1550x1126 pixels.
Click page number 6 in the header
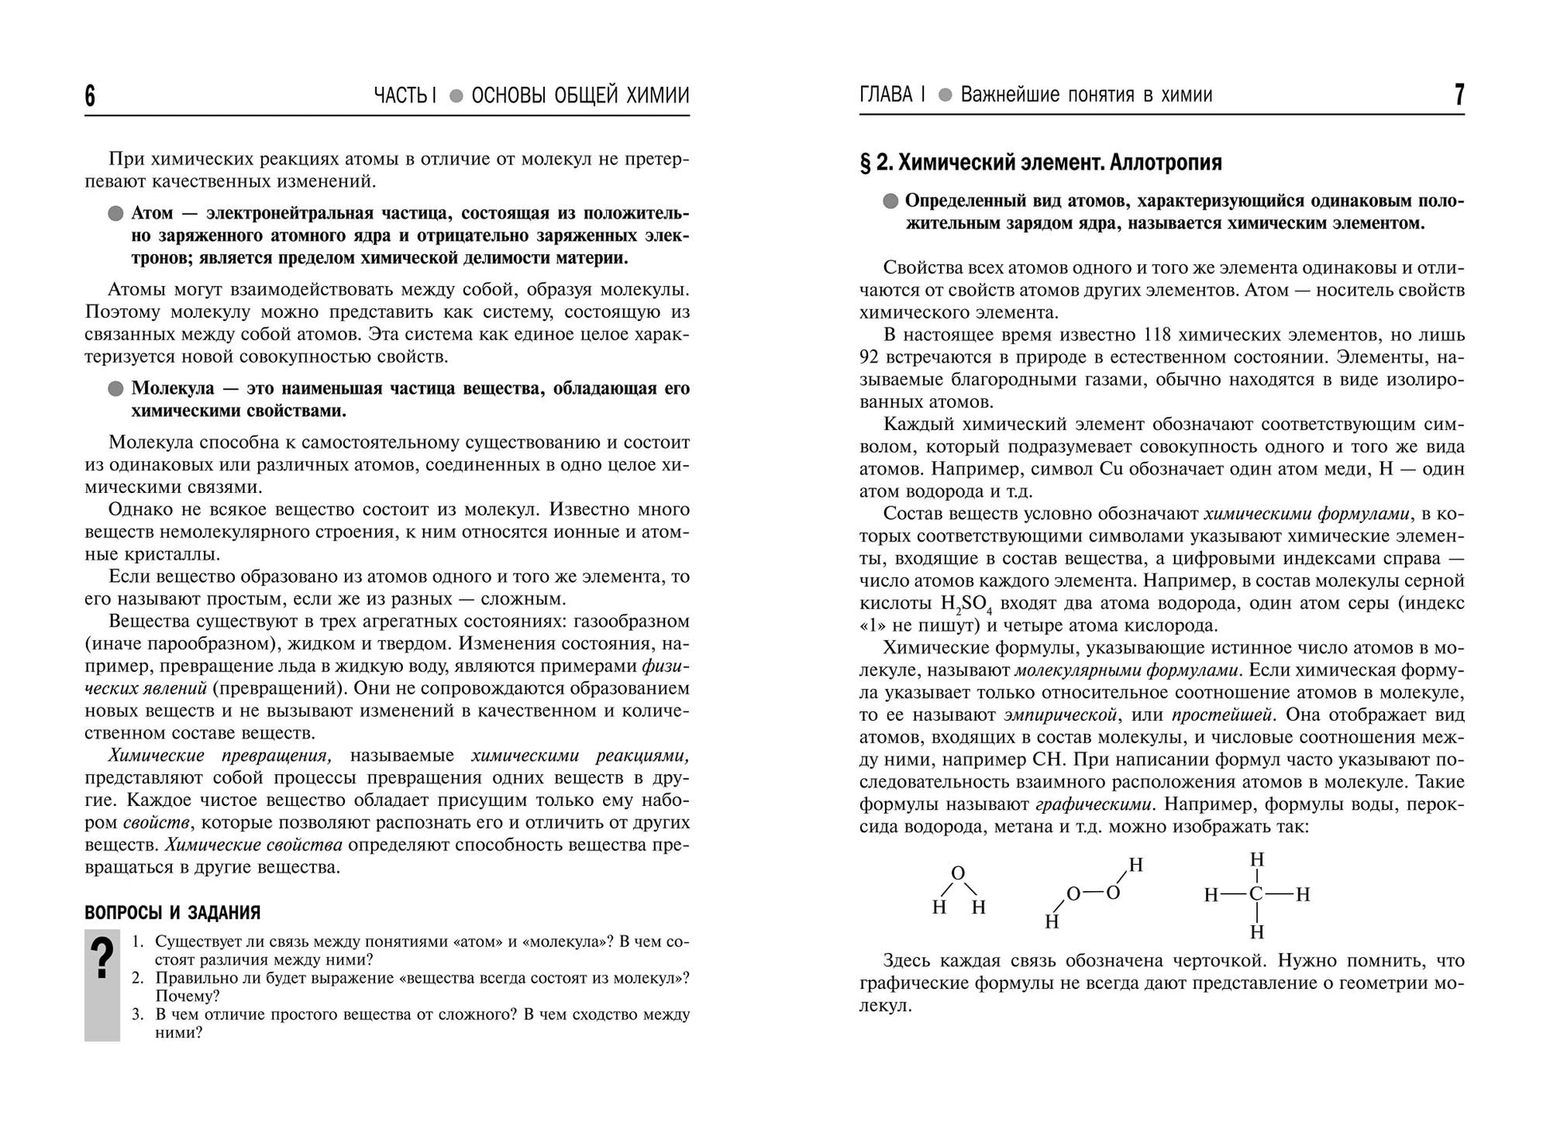point(90,96)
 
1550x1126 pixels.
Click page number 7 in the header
point(1458,96)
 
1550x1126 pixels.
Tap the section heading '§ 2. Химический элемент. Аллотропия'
point(1040,162)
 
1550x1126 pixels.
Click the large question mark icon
point(102,960)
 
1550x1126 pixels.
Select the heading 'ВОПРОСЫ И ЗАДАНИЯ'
point(173,913)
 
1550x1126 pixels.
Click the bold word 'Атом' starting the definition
point(151,213)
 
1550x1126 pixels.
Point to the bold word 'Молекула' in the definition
point(173,389)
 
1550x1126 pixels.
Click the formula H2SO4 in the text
point(965,604)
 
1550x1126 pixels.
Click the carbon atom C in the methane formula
point(1256,894)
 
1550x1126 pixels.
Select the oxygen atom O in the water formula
point(958,874)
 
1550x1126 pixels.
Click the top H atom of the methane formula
point(1257,860)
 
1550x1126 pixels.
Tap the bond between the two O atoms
point(1094,893)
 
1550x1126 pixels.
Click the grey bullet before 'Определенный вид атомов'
point(890,201)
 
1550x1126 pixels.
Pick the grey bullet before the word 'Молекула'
point(115,389)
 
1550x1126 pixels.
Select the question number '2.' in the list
point(138,978)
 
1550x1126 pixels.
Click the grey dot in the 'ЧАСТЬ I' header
point(456,96)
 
